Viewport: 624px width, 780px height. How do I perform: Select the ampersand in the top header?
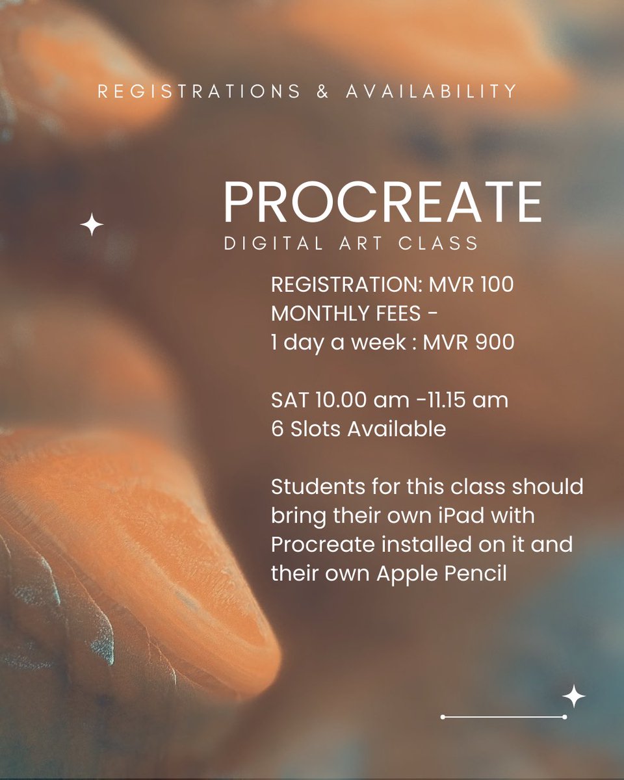pyautogui.click(x=322, y=92)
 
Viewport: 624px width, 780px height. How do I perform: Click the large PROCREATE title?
pyautogui.click(x=382, y=203)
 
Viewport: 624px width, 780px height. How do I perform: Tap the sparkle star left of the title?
pyautogui.click(x=92, y=226)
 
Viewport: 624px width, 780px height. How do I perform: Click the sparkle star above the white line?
pyautogui.click(x=573, y=696)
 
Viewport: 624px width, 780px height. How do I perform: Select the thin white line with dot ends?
pyautogui.click(x=503, y=717)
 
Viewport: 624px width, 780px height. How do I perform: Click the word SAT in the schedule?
pyautogui.click(x=289, y=400)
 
